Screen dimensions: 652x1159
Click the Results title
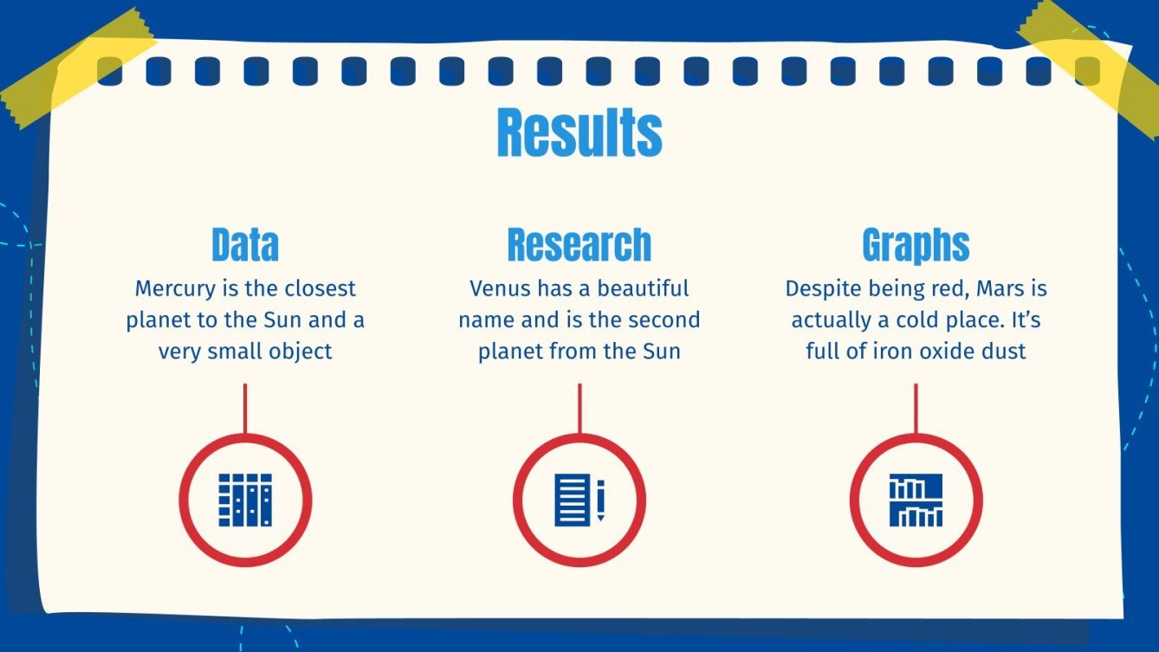579,133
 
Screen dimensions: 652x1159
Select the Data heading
245,245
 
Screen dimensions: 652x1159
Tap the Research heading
579,245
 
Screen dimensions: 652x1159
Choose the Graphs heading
916,245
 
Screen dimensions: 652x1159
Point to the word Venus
500,288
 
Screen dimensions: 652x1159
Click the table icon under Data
245,500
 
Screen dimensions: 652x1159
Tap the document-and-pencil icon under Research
579,500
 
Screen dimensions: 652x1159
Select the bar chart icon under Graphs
916,500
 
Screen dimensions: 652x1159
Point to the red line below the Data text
245,408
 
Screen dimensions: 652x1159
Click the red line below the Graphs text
916,408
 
